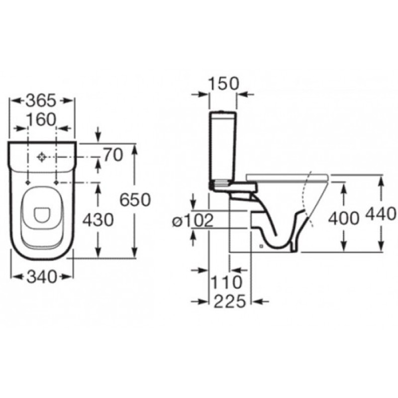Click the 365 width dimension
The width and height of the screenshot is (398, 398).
(x=41, y=100)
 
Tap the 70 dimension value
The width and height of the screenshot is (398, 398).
(x=113, y=155)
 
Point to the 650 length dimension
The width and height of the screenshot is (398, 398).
(x=135, y=199)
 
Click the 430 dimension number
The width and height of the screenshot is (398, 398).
(x=98, y=220)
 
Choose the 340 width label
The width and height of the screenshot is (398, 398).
(x=42, y=277)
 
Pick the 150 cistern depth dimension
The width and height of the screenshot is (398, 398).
(x=223, y=83)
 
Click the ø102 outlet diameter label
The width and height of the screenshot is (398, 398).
(x=193, y=220)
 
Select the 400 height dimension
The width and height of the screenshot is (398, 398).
(x=344, y=218)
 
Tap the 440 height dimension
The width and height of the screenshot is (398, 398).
(x=381, y=214)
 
